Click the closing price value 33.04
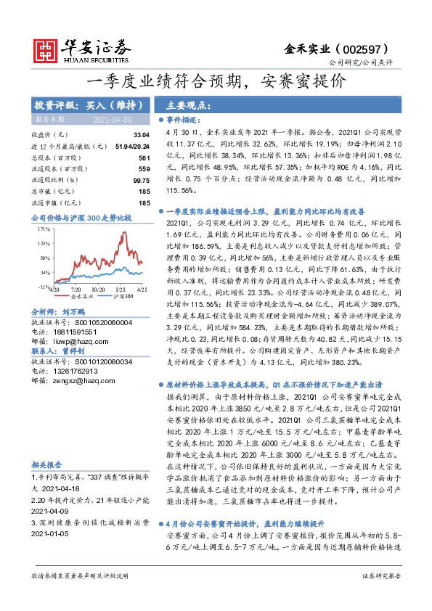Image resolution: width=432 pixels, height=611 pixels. click(141, 135)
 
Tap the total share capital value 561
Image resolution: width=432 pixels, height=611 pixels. click(143, 157)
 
